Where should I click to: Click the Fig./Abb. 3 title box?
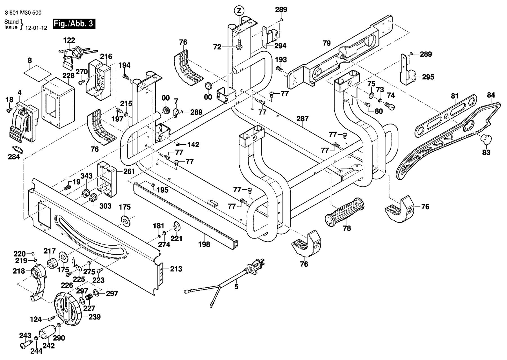(74, 23)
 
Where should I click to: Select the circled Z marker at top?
(239, 11)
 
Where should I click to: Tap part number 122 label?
(69, 40)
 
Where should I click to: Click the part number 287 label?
(303, 119)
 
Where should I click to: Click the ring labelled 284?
(17, 149)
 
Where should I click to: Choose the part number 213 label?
(176, 269)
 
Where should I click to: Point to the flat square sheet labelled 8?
(37, 72)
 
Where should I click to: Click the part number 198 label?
(204, 244)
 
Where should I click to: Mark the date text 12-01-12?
(36, 28)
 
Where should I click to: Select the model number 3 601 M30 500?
(23, 13)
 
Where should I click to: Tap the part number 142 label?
(193, 145)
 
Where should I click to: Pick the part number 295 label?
(428, 77)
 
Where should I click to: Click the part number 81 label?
(455, 96)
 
